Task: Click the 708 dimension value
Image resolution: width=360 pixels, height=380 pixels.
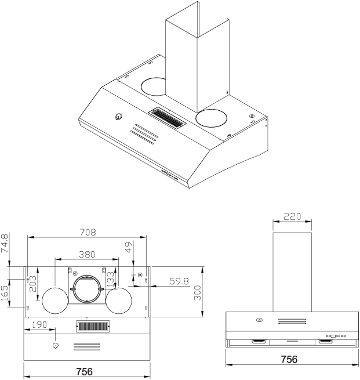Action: click(x=87, y=232)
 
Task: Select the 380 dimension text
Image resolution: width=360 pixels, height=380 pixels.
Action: click(x=87, y=254)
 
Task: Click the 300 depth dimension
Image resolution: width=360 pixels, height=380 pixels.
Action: click(x=198, y=292)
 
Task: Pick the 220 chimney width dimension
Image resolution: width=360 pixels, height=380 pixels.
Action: click(x=292, y=217)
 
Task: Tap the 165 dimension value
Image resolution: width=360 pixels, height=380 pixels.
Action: click(x=5, y=292)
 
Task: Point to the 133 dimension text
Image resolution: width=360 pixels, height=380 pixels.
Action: click(x=110, y=280)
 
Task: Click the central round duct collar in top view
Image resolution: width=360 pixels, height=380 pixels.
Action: click(x=86, y=288)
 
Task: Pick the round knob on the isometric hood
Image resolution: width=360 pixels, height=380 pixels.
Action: click(x=119, y=116)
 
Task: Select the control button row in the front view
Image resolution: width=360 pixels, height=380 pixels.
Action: click(x=336, y=335)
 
